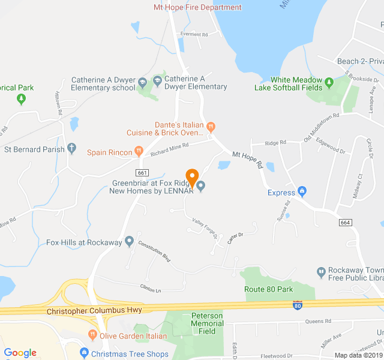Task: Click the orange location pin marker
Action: click(192, 177)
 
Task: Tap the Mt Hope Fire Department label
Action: click(197, 7)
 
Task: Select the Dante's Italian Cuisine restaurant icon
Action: click(211, 126)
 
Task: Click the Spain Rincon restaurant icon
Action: click(139, 152)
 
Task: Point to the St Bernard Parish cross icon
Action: click(72, 147)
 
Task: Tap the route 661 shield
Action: click(150, 172)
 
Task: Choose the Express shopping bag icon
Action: click(302, 193)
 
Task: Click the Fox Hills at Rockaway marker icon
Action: click(129, 242)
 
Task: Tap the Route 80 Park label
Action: click(268, 289)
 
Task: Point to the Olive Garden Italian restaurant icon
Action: click(92, 335)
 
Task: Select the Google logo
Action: click(20, 353)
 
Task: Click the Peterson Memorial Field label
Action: click(207, 323)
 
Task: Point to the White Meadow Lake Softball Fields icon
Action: click(329, 82)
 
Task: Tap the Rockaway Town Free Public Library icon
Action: click(321, 272)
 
